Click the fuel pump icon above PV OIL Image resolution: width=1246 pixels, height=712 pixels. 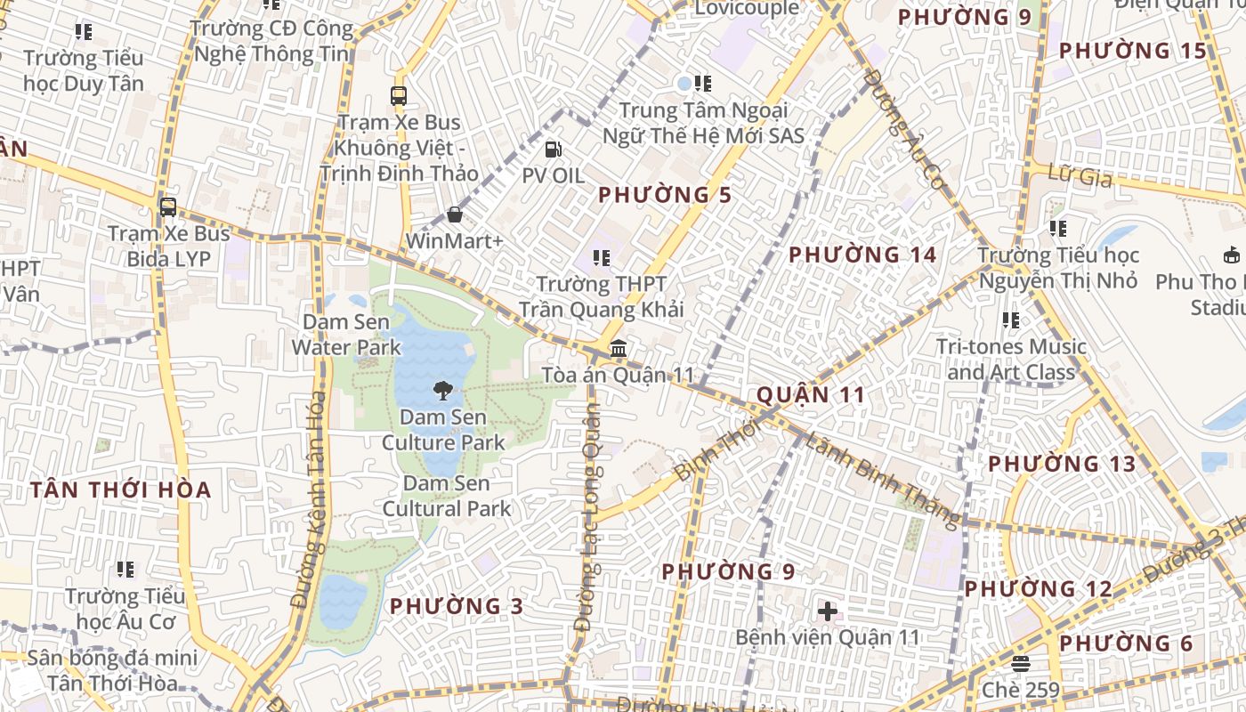click(553, 150)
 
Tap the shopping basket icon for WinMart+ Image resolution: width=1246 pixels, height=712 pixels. click(455, 214)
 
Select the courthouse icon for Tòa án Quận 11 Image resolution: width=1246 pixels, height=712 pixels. click(619, 348)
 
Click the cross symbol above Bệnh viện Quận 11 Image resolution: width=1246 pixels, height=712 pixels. click(828, 611)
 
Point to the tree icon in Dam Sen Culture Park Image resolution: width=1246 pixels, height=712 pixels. click(442, 390)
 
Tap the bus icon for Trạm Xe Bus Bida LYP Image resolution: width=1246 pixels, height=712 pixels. click(167, 207)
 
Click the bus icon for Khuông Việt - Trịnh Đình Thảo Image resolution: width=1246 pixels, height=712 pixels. click(399, 96)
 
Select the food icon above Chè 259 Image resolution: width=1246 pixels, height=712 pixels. click(1021, 664)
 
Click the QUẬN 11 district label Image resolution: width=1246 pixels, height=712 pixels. click(810, 395)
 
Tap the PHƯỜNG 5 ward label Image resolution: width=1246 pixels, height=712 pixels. click(665, 195)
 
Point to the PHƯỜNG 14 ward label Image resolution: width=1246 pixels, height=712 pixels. click(862, 255)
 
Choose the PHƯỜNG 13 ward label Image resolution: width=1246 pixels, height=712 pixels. click(1062, 464)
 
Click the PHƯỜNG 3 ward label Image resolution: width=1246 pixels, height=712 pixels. click(457, 607)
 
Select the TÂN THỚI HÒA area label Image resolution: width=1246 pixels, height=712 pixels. click(120, 490)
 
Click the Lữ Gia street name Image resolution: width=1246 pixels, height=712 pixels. click(1080, 176)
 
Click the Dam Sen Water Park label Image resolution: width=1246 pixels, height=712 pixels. click(346, 334)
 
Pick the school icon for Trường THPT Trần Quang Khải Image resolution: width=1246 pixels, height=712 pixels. click(602, 258)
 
